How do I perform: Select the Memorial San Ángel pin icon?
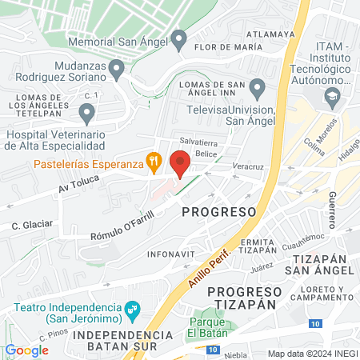point(179,38)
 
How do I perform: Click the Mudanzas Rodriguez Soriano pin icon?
point(116,70)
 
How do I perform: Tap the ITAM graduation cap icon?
point(331,98)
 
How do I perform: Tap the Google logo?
point(26,350)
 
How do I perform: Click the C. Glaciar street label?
point(33,226)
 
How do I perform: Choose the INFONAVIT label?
point(168,255)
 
